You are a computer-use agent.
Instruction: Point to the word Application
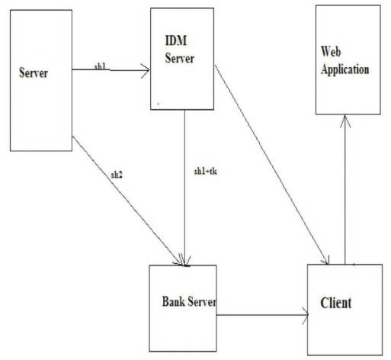point(345,69)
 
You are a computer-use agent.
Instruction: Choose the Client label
point(335,304)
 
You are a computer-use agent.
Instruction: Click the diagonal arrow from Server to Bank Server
point(126,199)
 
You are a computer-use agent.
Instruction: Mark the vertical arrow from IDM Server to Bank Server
point(185,191)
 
